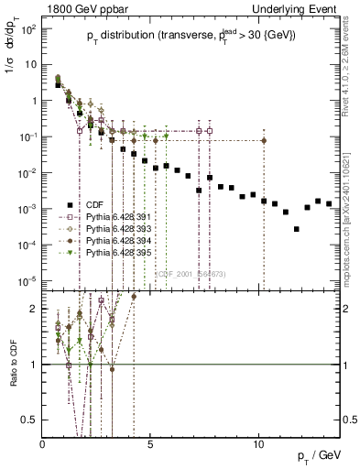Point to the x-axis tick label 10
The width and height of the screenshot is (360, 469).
click(258, 444)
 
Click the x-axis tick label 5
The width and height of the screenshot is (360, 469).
click(150, 444)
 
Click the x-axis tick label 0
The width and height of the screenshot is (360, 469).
click(43, 444)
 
